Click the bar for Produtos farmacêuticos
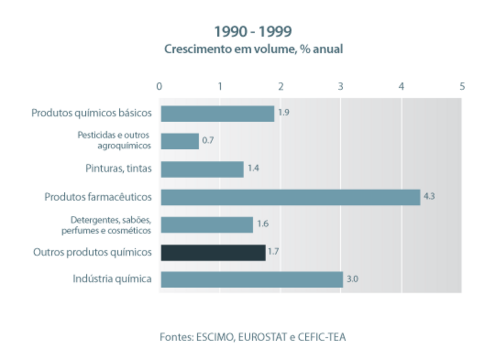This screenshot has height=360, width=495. [290, 197]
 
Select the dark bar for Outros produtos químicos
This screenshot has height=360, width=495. [213, 252]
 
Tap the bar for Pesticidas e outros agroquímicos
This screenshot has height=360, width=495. [180, 141]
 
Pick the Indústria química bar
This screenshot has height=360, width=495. [252, 279]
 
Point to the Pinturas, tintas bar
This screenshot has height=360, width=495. [202, 169]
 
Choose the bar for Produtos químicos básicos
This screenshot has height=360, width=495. [217, 114]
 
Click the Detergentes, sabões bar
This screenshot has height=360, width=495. [207, 225]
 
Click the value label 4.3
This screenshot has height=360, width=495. [429, 196]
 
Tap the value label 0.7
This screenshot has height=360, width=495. [208, 141]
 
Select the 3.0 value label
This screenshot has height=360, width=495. [352, 278]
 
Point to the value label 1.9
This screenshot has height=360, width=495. [284, 113]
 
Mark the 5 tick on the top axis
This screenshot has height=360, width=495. [462, 86]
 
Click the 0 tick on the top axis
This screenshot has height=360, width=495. [159, 86]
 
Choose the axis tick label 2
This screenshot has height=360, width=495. [280, 86]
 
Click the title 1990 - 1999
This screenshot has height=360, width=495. [253, 32]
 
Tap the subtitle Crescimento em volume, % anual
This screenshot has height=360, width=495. [253, 49]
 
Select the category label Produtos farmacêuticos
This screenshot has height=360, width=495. [98, 197]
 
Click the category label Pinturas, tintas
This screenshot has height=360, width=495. [118, 169]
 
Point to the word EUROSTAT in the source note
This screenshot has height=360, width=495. [262, 338]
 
